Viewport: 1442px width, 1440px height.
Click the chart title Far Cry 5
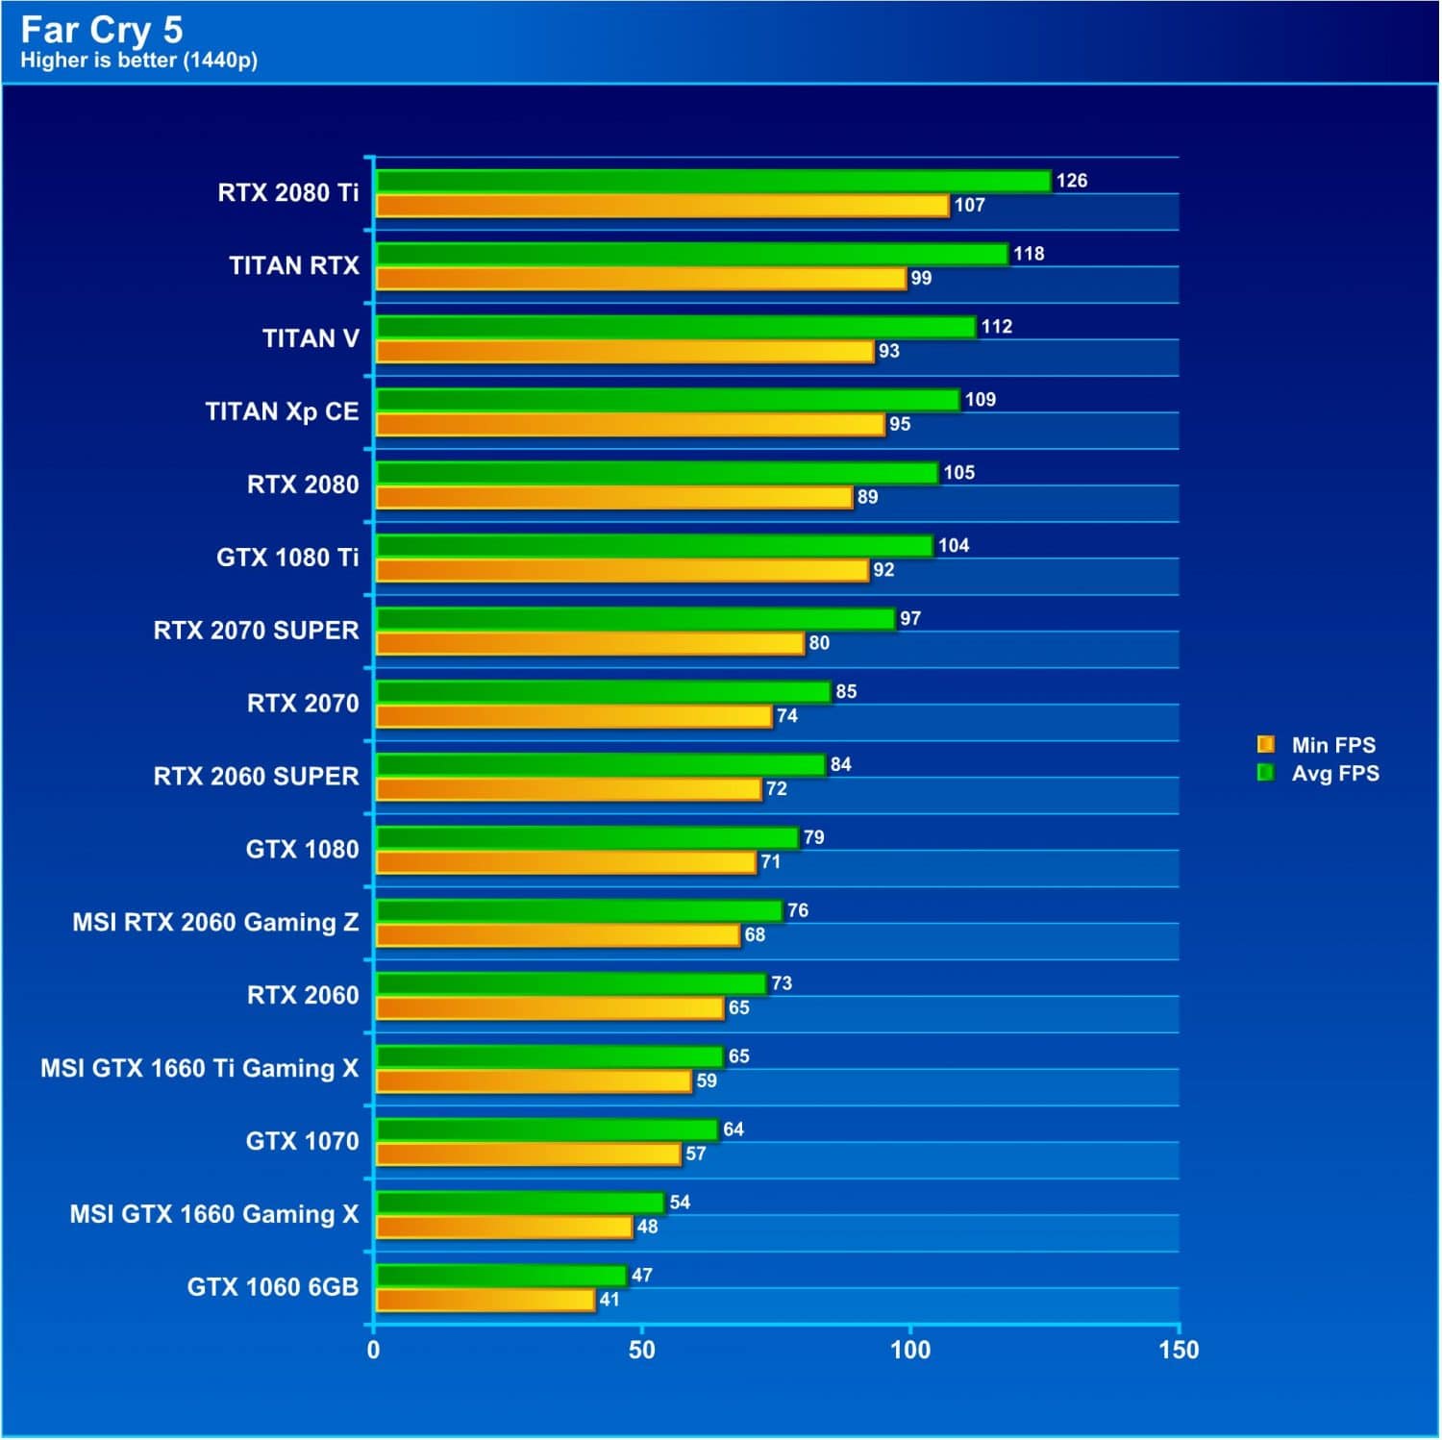click(101, 30)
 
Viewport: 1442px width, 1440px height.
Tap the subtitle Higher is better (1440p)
click(138, 61)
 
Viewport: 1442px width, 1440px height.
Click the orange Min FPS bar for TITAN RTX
click(640, 279)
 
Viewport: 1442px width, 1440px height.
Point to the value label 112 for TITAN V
click(996, 327)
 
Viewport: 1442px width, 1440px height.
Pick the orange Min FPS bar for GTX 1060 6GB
click(485, 1301)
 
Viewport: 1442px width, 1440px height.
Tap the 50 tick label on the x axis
click(641, 1351)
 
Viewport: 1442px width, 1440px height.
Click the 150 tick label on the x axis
click(1179, 1351)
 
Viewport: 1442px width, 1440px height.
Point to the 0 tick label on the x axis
click(373, 1351)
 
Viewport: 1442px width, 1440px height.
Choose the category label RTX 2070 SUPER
click(256, 631)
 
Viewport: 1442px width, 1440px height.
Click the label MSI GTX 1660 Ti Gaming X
click(199, 1068)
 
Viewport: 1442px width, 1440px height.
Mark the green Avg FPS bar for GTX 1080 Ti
click(654, 546)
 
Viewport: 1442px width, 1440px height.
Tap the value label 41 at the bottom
click(609, 1300)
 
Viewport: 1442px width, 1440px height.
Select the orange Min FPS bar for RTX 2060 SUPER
click(567, 789)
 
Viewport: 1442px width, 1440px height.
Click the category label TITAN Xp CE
click(282, 411)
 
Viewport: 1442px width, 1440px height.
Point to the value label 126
click(1071, 181)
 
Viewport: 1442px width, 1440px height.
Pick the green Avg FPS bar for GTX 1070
click(546, 1130)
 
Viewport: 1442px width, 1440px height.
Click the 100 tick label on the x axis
click(909, 1351)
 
